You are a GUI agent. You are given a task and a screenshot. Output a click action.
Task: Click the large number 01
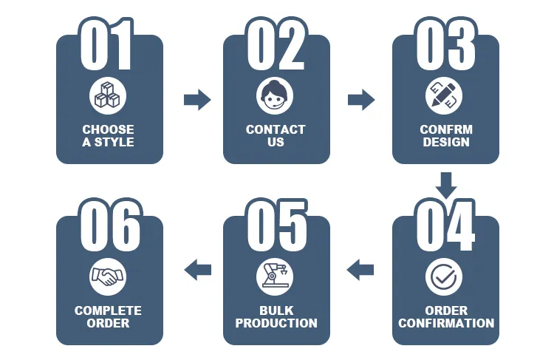coord(108,45)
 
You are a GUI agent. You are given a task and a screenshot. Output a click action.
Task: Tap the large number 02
coord(276,45)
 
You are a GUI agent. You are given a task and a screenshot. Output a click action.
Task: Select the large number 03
coord(445,45)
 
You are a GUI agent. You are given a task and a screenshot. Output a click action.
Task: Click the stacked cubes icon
coord(108,95)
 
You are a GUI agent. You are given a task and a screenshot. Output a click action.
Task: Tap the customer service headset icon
coord(275,95)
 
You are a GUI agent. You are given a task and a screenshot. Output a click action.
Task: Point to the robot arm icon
coord(275,276)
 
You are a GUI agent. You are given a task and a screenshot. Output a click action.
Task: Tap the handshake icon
coord(108,276)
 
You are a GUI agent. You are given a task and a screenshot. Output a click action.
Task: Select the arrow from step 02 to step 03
coord(361,99)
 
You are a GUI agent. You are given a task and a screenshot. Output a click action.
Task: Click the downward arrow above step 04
coord(445,186)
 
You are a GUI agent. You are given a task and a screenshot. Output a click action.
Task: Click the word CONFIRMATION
coord(446,323)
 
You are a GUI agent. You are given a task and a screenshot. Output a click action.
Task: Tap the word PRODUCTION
coord(276,323)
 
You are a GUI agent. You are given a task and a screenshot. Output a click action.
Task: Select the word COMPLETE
coord(108,310)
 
